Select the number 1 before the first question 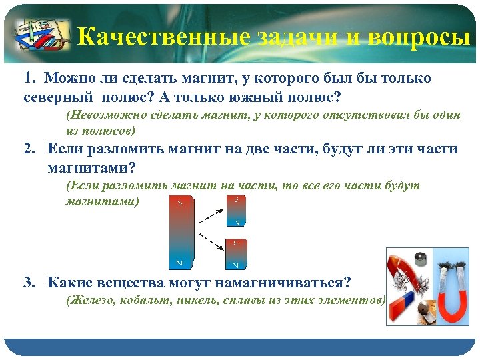[x=27, y=79]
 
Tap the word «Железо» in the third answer [x=91, y=301]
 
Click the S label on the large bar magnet [x=179, y=203]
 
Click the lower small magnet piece [x=236, y=254]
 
